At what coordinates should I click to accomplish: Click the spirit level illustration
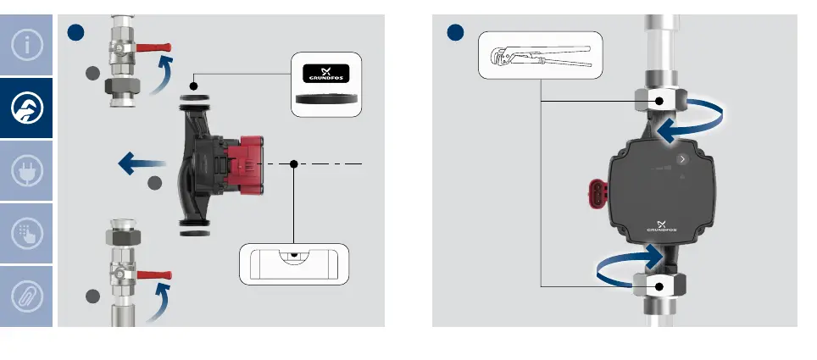(293, 264)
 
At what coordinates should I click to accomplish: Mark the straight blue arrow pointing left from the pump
(141, 161)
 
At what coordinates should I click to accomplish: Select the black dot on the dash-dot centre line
(293, 163)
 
